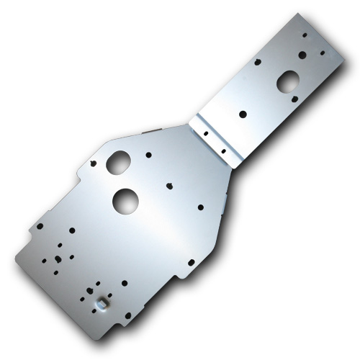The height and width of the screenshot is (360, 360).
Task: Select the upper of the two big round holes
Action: coord(116,163)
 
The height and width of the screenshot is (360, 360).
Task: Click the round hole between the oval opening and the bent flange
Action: coord(243,113)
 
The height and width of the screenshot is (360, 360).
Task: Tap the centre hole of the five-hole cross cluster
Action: coord(57,257)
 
